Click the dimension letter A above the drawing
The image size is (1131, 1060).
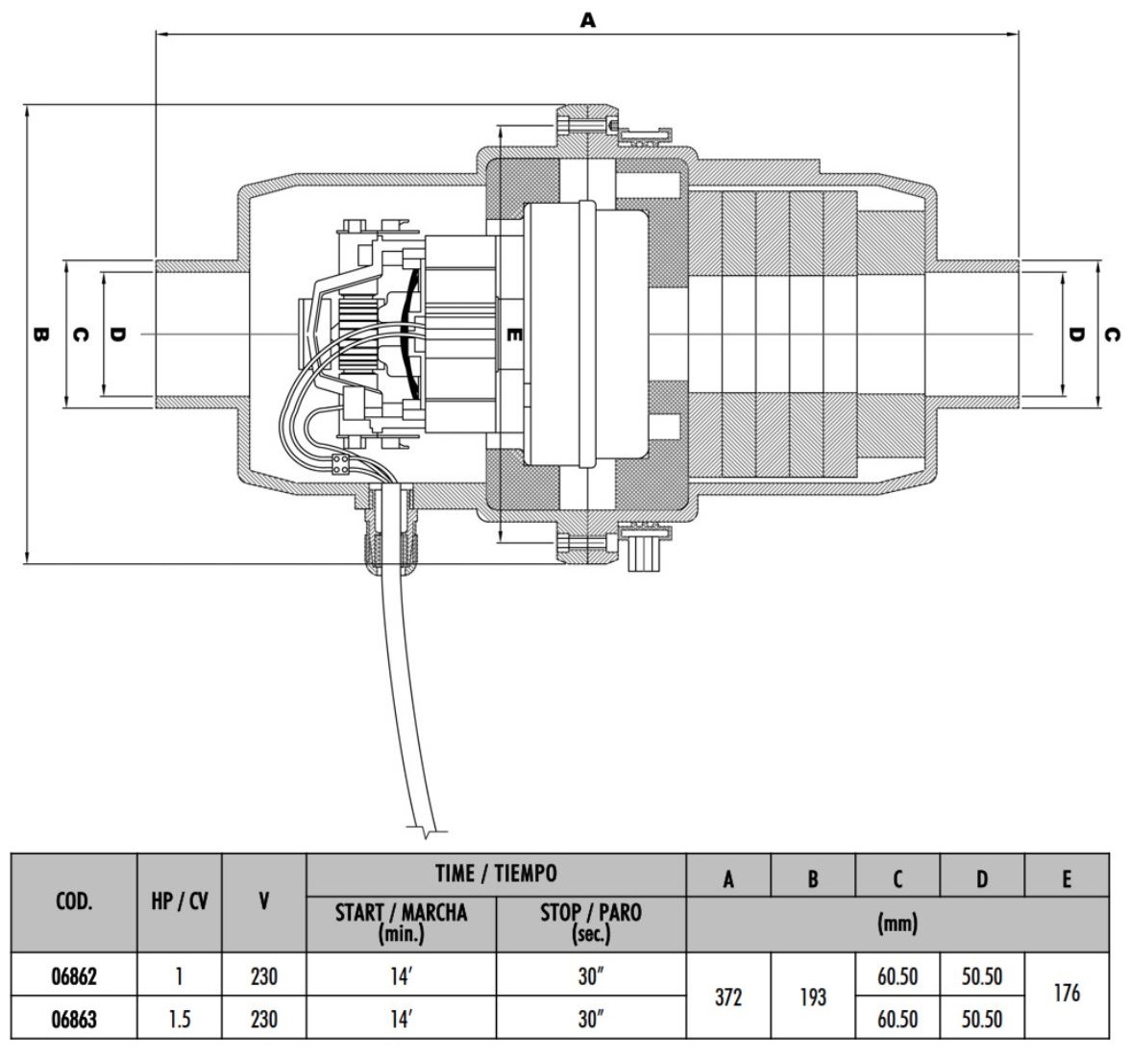(587, 19)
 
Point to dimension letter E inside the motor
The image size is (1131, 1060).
(514, 334)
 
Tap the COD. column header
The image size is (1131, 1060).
(73, 901)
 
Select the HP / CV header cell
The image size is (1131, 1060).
(180, 901)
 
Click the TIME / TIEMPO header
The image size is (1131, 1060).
(496, 874)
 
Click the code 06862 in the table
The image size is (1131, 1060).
(73, 977)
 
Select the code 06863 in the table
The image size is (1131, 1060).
(73, 1019)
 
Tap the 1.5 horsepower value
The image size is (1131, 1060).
(180, 1019)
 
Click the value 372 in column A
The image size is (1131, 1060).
(728, 998)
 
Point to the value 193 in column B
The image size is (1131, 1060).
(813, 998)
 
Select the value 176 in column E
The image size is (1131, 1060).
(1067, 993)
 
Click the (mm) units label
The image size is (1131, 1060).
(897, 924)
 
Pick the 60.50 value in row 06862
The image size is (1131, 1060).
(897, 977)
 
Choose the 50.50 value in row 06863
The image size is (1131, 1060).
(982, 1019)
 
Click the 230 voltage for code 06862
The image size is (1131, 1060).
(263, 977)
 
